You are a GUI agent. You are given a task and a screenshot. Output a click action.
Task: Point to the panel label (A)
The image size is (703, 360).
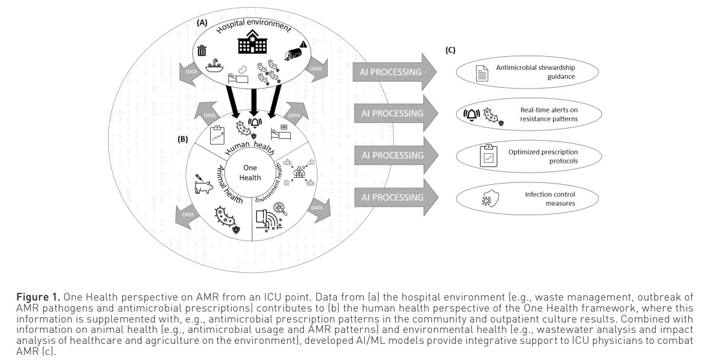tap(202, 22)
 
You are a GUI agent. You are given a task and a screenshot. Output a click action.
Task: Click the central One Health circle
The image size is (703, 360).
tap(250, 173)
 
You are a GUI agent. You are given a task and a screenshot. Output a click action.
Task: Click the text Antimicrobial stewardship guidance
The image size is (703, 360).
tap(535, 72)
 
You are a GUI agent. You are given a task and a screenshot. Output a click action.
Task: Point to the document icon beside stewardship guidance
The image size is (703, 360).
tap(481, 72)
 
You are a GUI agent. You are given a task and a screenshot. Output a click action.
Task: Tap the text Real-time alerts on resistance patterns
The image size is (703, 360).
tap(548, 114)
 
